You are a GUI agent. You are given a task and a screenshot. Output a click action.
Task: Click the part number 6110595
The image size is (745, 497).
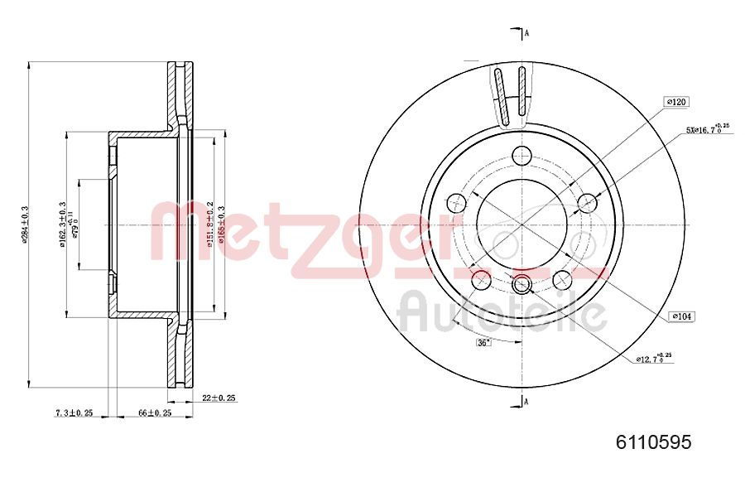[653, 442]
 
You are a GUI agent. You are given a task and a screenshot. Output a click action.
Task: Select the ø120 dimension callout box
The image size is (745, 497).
[676, 102]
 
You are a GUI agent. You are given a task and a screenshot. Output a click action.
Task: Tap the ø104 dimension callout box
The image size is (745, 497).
[681, 316]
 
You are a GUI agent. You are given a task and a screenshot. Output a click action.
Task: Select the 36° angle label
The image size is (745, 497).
[483, 342]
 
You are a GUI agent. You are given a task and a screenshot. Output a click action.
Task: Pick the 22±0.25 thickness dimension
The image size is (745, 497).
[219, 398]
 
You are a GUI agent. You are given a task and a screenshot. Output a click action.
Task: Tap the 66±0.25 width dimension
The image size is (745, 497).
[154, 413]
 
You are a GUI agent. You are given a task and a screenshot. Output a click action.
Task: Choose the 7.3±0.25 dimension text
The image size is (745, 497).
[73, 413]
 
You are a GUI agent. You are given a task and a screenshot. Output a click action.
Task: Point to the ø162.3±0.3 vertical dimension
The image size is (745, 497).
[62, 224]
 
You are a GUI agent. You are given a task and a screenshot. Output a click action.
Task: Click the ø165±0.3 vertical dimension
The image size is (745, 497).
[222, 224]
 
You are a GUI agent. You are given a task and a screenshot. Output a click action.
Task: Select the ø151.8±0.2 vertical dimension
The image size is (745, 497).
[211, 224]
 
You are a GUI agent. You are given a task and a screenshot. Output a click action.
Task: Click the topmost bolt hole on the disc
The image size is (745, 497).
[521, 155]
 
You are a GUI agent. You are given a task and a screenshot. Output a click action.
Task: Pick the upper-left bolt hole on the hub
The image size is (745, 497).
[456, 202]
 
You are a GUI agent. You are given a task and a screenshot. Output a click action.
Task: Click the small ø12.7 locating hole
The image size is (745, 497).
[521, 286]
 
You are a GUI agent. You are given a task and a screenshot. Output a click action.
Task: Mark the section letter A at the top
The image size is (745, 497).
[526, 33]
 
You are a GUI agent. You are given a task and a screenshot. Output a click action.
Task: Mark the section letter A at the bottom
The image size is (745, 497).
[526, 402]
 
